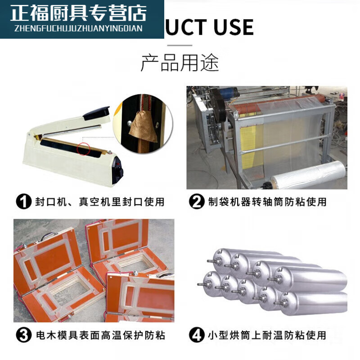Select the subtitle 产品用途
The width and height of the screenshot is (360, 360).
[180, 63]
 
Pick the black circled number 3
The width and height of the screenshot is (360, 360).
[24, 335]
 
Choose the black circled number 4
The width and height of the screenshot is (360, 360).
[197, 335]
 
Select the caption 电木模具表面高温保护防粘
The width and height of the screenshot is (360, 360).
[99, 335]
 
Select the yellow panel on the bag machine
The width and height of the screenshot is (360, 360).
[249, 139]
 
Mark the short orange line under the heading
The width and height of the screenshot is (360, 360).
[180, 45]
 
